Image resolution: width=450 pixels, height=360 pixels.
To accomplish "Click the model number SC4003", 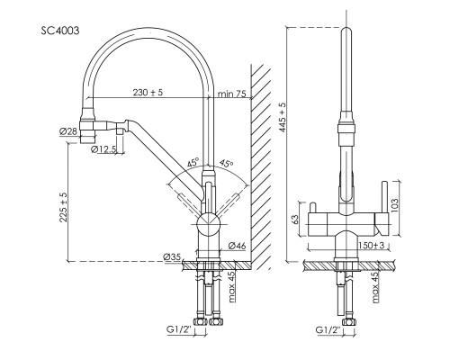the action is tap(60, 31).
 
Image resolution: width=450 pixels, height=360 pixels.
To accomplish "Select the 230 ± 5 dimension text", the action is tap(148, 93).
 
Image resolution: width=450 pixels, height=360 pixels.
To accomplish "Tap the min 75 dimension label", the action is tap(231, 94).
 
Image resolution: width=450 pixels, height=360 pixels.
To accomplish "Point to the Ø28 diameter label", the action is tap(68, 131).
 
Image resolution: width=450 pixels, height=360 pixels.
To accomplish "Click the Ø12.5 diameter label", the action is tap(103, 149).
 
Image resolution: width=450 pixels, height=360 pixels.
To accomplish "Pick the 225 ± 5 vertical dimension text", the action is tap(64, 207).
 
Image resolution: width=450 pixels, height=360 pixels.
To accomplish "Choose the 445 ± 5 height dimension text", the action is tap(283, 117).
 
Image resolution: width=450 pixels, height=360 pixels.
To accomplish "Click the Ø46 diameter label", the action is tap(237, 246).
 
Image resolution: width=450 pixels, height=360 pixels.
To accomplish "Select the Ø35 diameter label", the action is tap(172, 256).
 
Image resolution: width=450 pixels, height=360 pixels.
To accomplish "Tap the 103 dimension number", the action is tap(395, 205).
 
